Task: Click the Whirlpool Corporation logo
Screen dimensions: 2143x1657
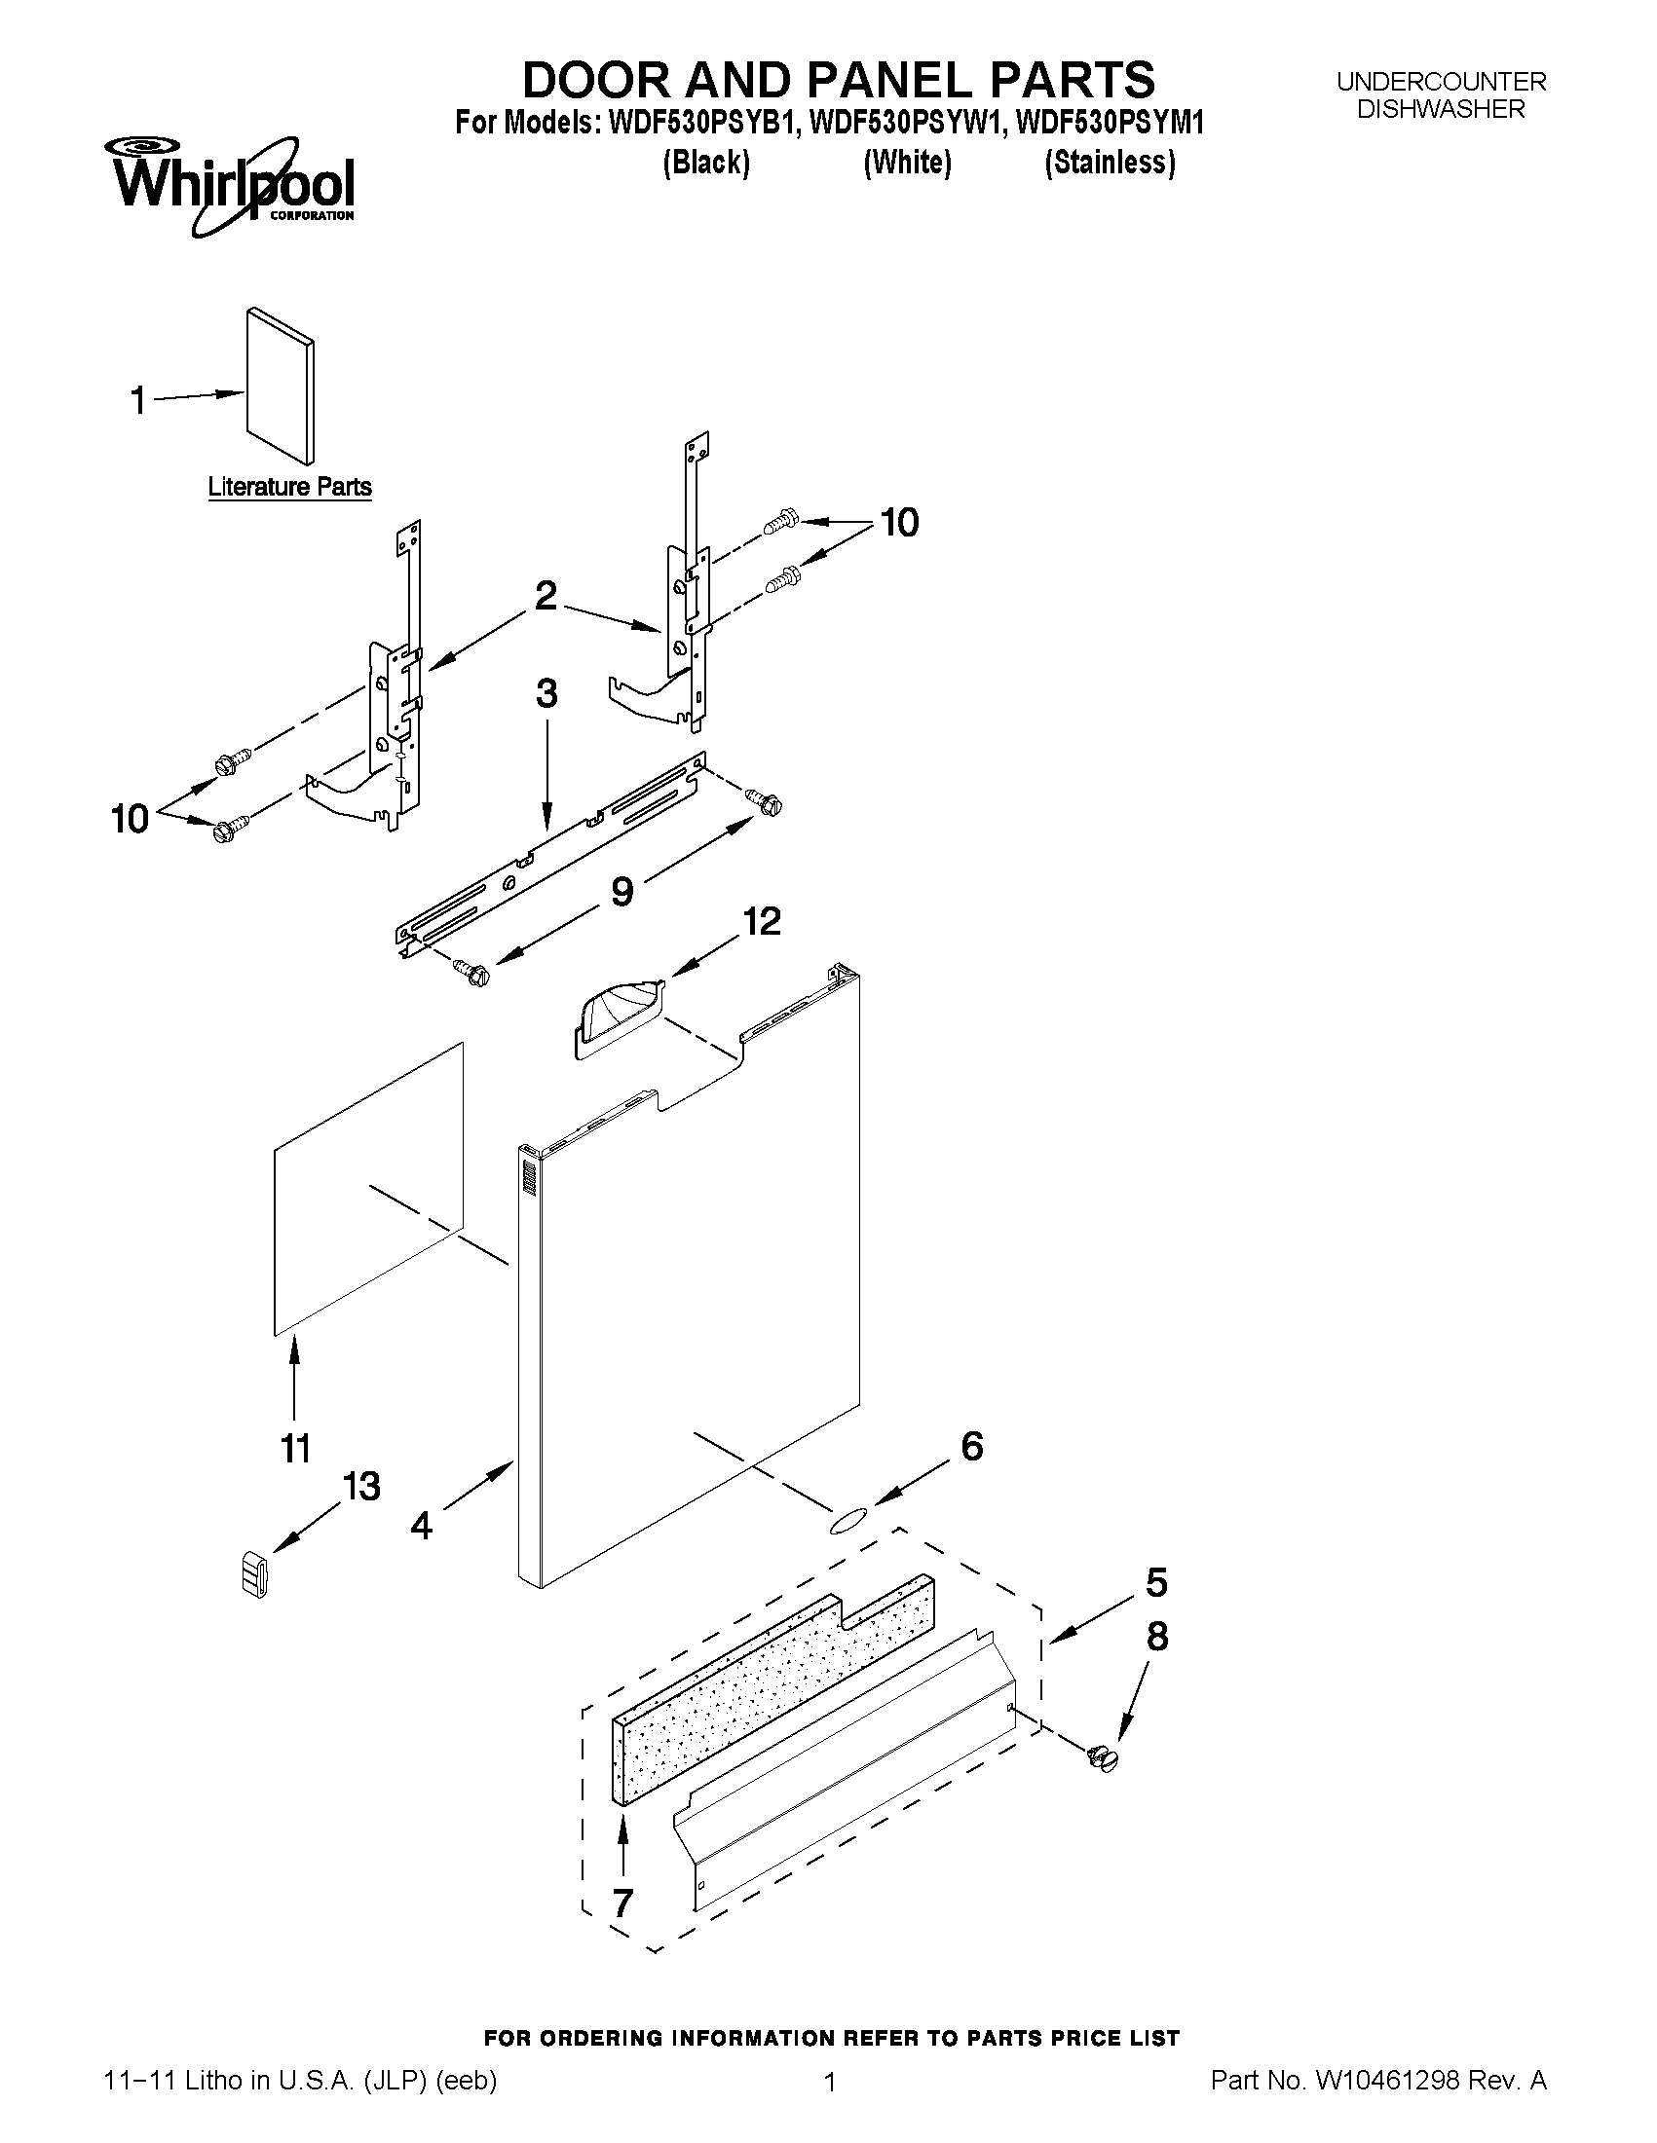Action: [x=232, y=185]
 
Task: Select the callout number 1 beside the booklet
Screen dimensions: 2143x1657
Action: [x=138, y=400]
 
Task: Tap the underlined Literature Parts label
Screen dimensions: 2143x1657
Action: [x=289, y=487]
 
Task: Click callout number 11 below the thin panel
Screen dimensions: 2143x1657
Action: [x=295, y=1448]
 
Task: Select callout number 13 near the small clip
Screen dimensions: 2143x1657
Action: [x=360, y=1486]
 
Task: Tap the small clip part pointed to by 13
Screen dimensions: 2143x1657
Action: [x=254, y=1573]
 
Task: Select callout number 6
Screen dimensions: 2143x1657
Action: [x=971, y=1445]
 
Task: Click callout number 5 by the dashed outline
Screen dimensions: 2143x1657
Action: [x=1156, y=1582]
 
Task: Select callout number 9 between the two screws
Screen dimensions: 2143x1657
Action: [x=621, y=891]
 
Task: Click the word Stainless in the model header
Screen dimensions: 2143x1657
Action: [x=1110, y=162]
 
